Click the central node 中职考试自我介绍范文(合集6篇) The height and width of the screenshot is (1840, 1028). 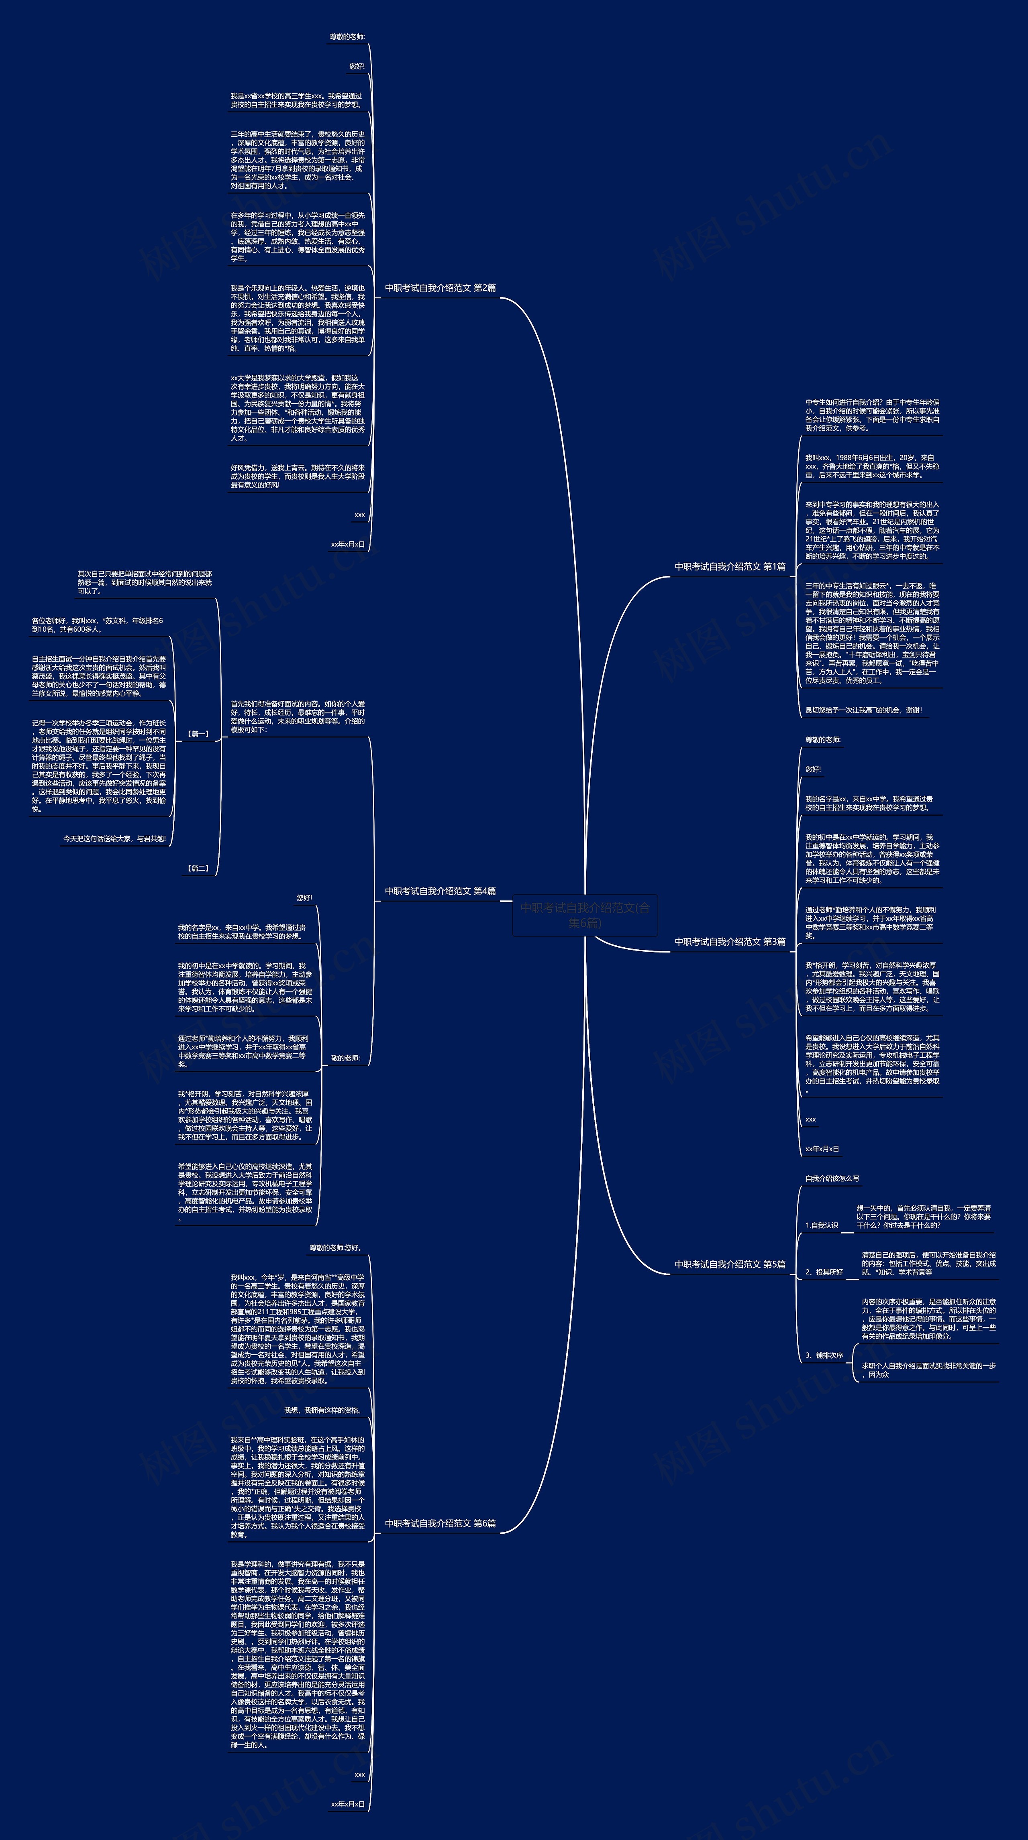click(585, 915)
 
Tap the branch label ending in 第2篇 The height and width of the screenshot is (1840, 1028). click(440, 288)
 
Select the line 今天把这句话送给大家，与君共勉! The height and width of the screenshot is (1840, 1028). click(114, 839)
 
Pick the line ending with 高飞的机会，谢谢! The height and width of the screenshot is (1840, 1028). click(863, 710)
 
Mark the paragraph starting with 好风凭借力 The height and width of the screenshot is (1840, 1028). click(297, 476)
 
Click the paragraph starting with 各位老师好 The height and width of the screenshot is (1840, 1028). click(97, 625)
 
